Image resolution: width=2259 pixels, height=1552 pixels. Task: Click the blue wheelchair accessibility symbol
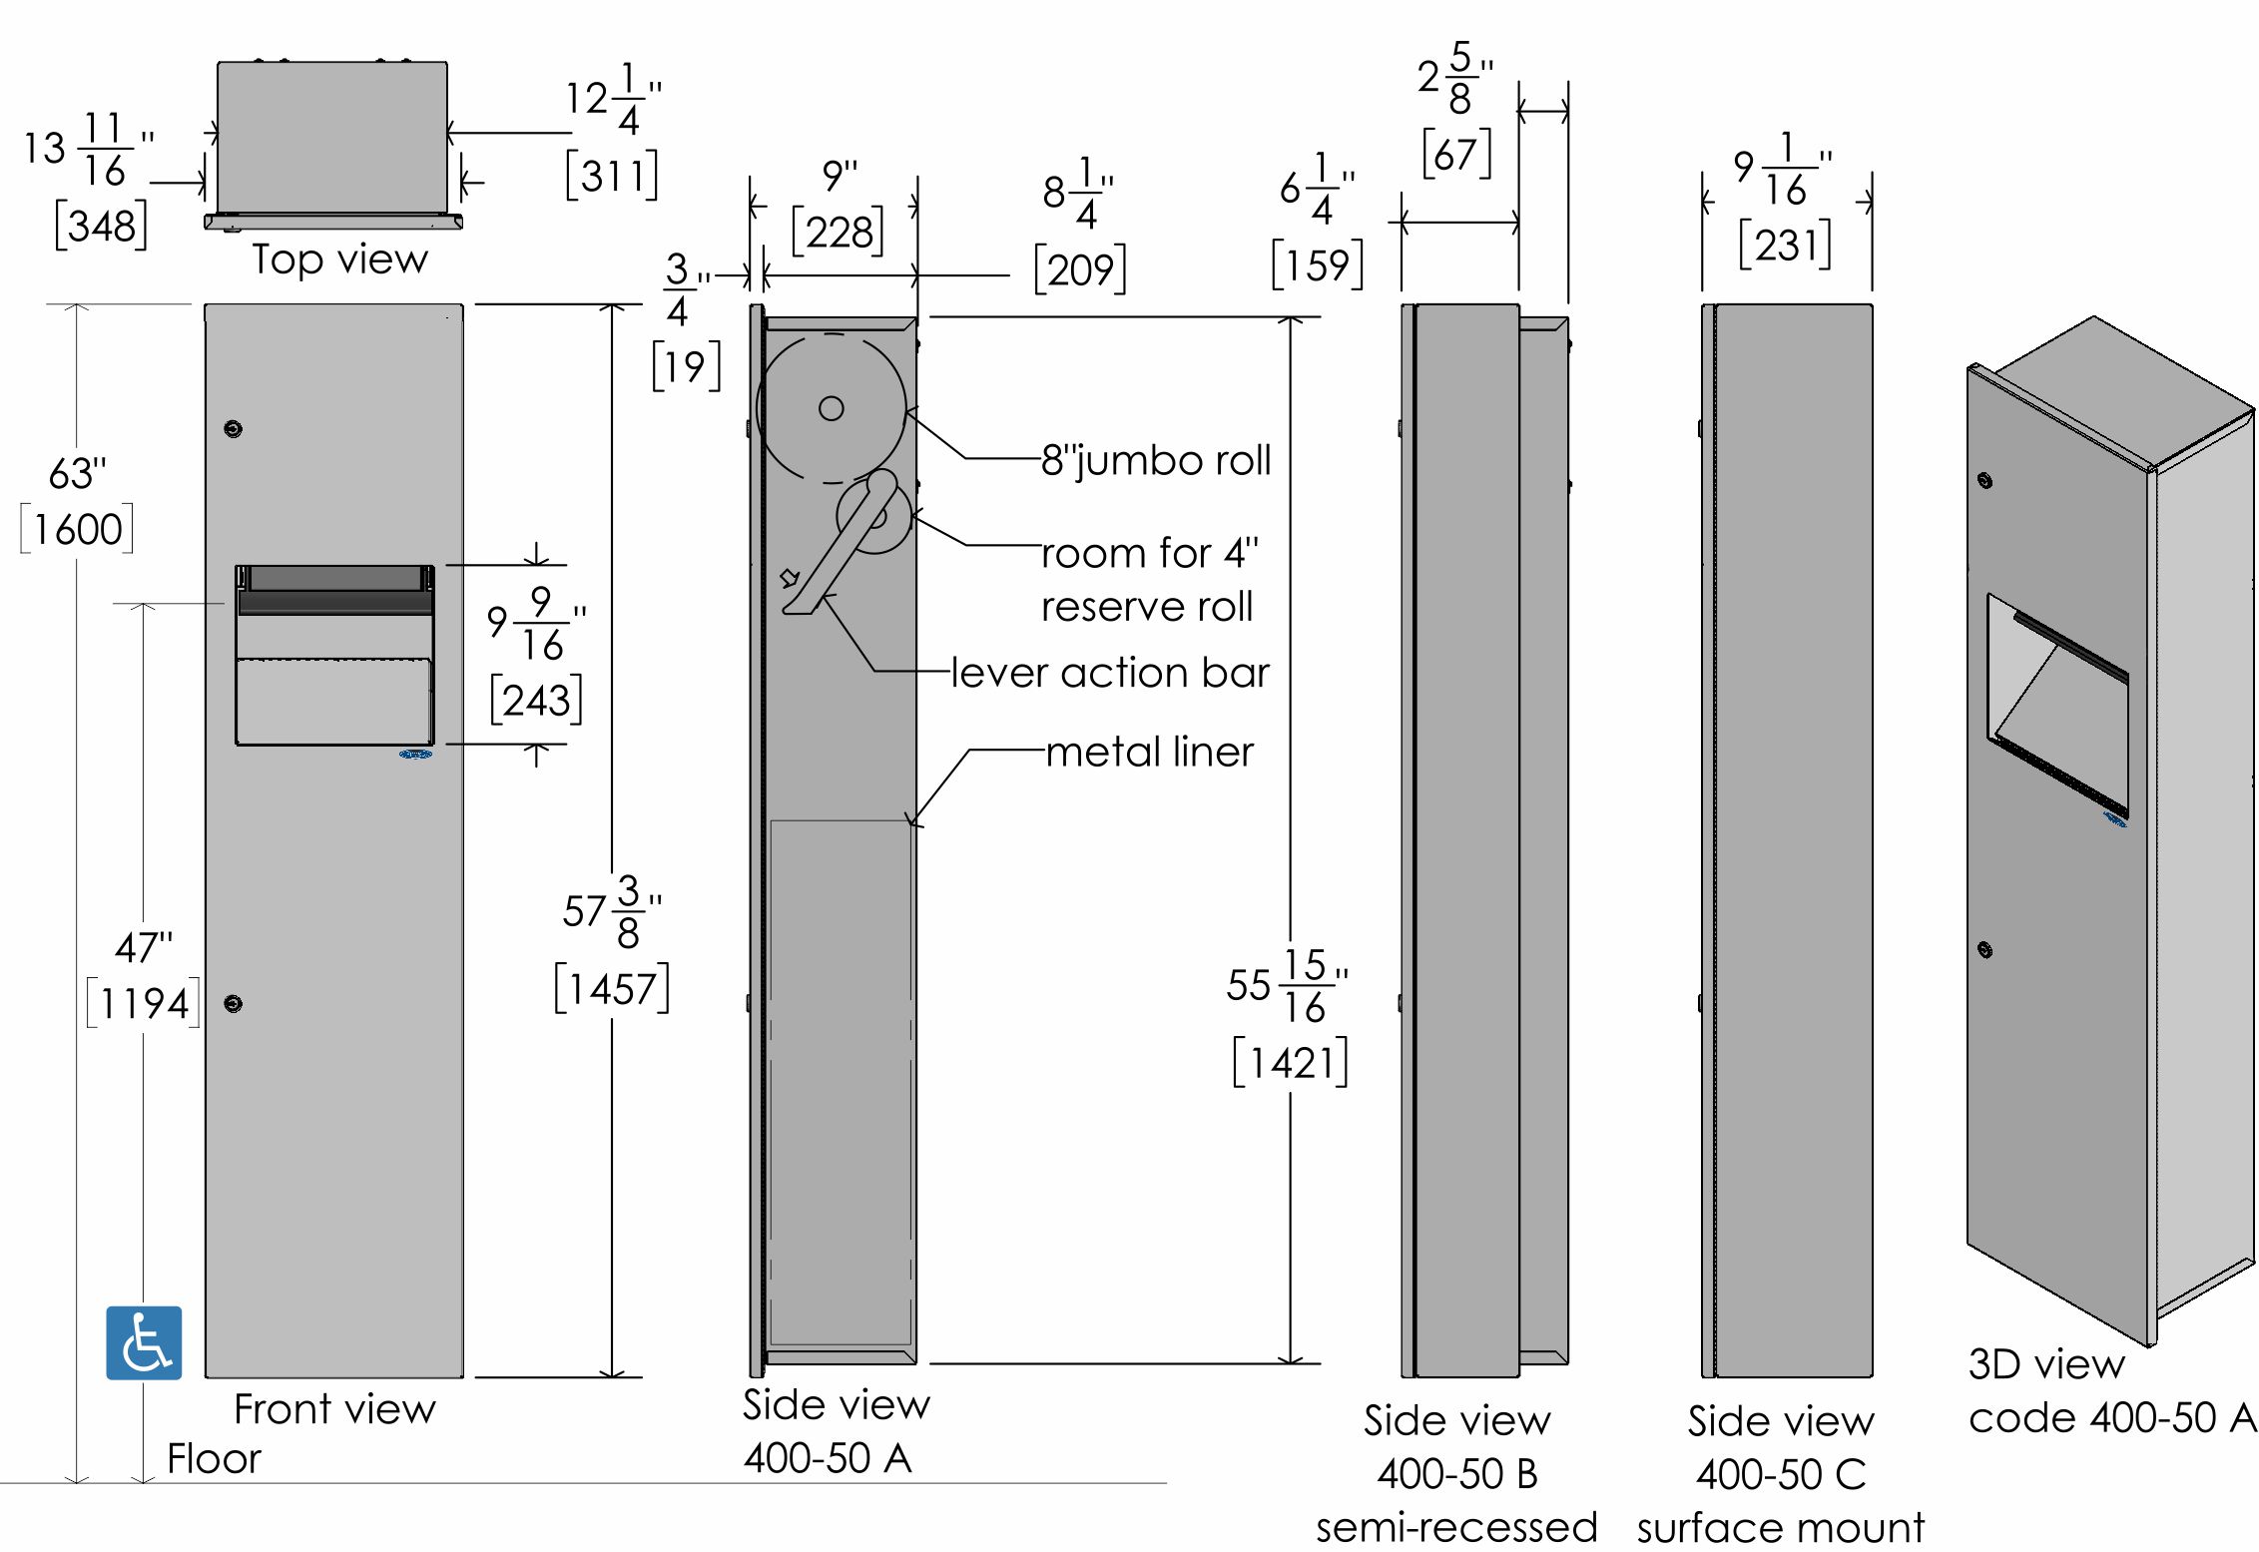[144, 1342]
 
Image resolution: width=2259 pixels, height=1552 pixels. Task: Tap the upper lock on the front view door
[233, 429]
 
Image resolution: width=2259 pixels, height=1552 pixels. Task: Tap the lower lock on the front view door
[233, 1003]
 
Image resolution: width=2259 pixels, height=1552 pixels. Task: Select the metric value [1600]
[77, 529]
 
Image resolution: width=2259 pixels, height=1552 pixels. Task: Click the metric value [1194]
[143, 1003]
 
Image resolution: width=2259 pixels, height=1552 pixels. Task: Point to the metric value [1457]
[612, 989]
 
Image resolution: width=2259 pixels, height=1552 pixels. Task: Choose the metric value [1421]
[1291, 1063]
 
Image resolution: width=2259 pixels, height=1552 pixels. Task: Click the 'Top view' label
[339, 259]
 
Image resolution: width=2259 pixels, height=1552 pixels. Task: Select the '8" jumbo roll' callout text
[1156, 460]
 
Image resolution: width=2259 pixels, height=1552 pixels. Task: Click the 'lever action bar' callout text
[1110, 673]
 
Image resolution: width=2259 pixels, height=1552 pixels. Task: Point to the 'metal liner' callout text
[1149, 752]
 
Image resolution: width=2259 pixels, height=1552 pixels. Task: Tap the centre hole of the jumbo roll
[832, 407]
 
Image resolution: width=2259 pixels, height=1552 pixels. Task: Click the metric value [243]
[536, 700]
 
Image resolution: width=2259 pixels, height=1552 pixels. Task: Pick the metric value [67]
[1456, 154]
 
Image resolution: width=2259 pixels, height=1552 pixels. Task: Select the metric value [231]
[1785, 245]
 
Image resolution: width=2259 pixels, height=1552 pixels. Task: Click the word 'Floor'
[214, 1459]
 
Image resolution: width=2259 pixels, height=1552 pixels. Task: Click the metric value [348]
[101, 226]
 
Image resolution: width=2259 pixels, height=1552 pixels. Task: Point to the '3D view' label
[2046, 1364]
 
